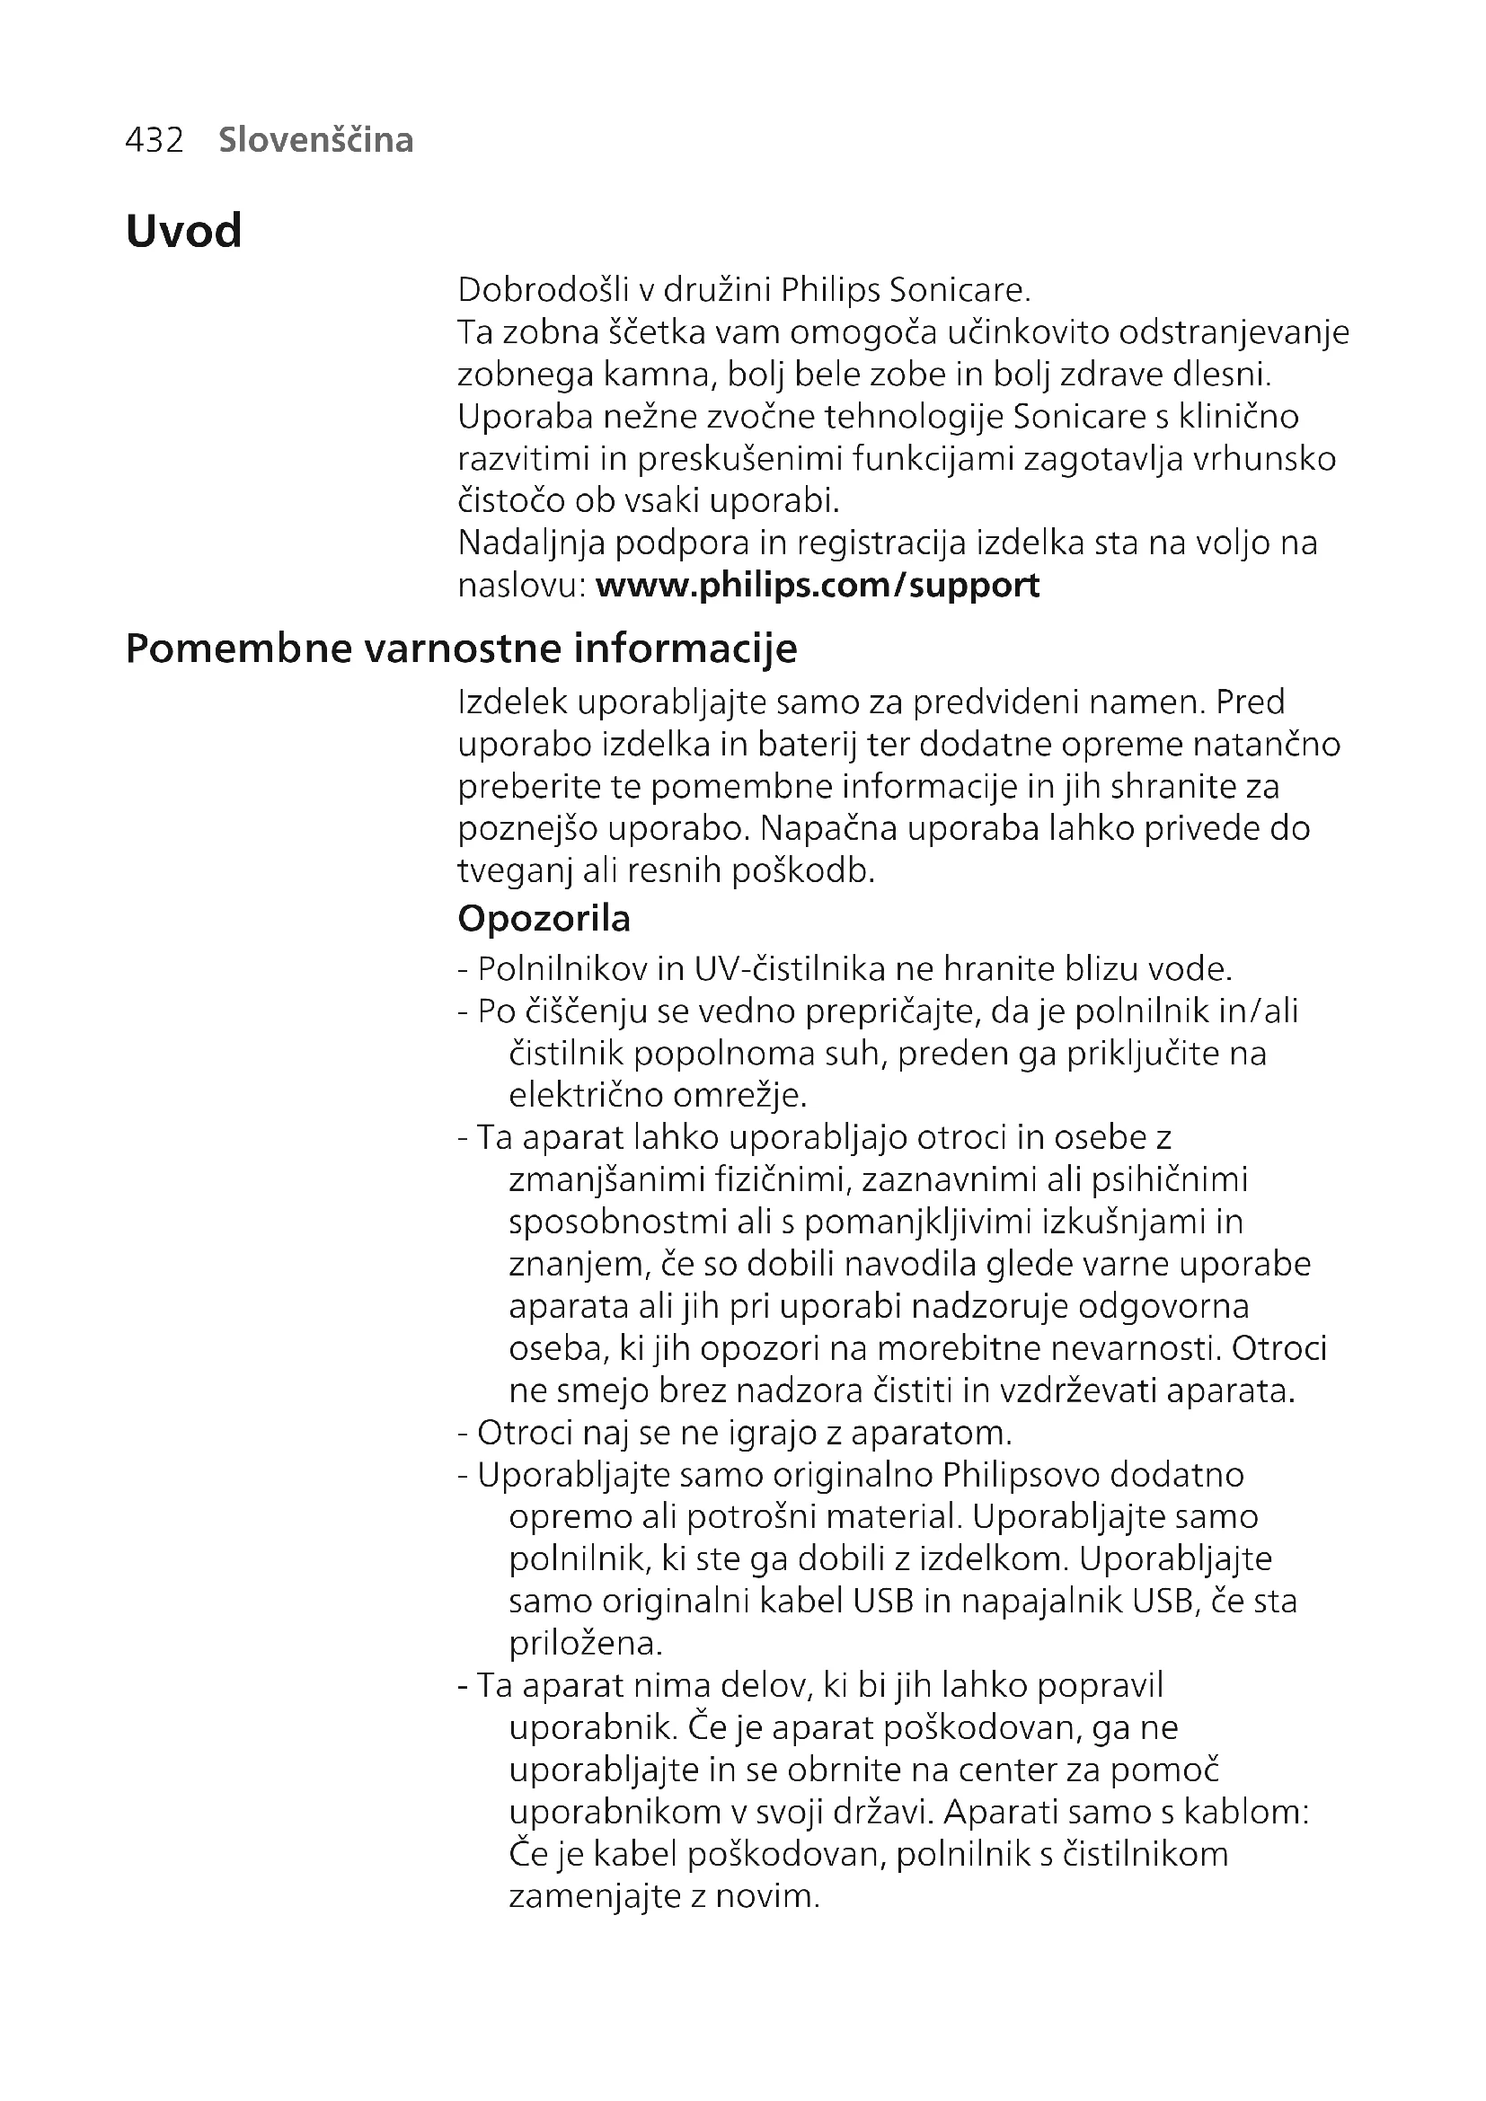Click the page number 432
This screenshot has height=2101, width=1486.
(x=154, y=140)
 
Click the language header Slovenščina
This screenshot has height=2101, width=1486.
(x=315, y=140)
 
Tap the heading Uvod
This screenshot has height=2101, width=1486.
(x=183, y=231)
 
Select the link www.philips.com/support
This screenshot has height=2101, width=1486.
(x=817, y=585)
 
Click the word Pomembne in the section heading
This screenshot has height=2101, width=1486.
(x=239, y=649)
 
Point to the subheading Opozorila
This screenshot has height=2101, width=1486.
(x=544, y=919)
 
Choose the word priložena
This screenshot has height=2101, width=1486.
(x=585, y=1644)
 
